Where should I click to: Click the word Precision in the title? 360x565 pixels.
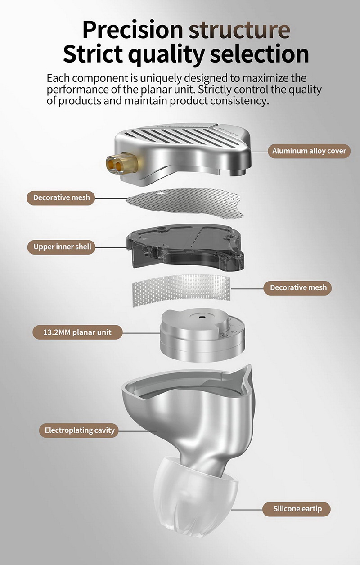133,30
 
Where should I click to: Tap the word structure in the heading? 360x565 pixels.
239,30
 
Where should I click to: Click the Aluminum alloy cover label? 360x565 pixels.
309,151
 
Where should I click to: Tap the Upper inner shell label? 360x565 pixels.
61,247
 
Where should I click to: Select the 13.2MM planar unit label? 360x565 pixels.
77,332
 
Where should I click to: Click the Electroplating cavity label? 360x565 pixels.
79,430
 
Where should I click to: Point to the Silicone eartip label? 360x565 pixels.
297,509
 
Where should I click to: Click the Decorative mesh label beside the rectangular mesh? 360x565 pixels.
297,287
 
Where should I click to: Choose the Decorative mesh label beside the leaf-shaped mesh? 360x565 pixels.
61,197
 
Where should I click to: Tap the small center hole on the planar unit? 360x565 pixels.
202,317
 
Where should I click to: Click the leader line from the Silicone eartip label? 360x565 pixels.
247,510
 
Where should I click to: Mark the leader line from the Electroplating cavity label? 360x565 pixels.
138,431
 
